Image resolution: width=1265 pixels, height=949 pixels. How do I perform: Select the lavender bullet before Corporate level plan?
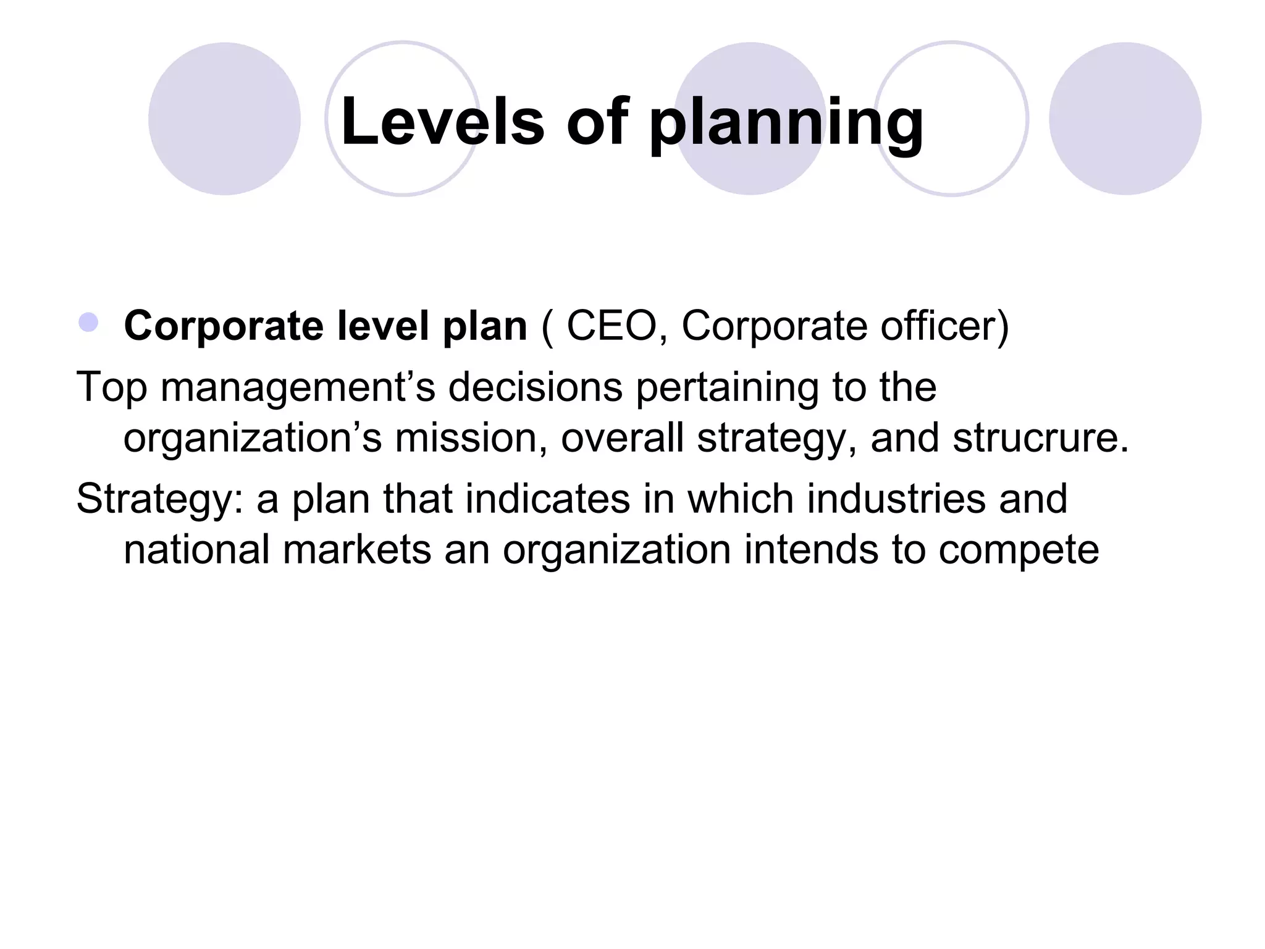tap(89, 323)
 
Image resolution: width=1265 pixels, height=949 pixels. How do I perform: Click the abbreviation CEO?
tap(611, 326)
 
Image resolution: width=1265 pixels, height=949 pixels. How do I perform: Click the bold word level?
tap(382, 326)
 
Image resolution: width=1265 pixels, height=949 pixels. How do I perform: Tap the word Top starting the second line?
tap(112, 388)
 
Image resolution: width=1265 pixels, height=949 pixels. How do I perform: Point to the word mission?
tap(471, 437)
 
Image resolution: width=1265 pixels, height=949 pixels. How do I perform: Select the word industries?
tap(896, 498)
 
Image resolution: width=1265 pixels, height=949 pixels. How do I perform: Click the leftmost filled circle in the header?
tap(224, 119)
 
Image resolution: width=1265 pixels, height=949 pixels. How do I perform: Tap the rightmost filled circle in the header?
tap(1125, 119)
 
